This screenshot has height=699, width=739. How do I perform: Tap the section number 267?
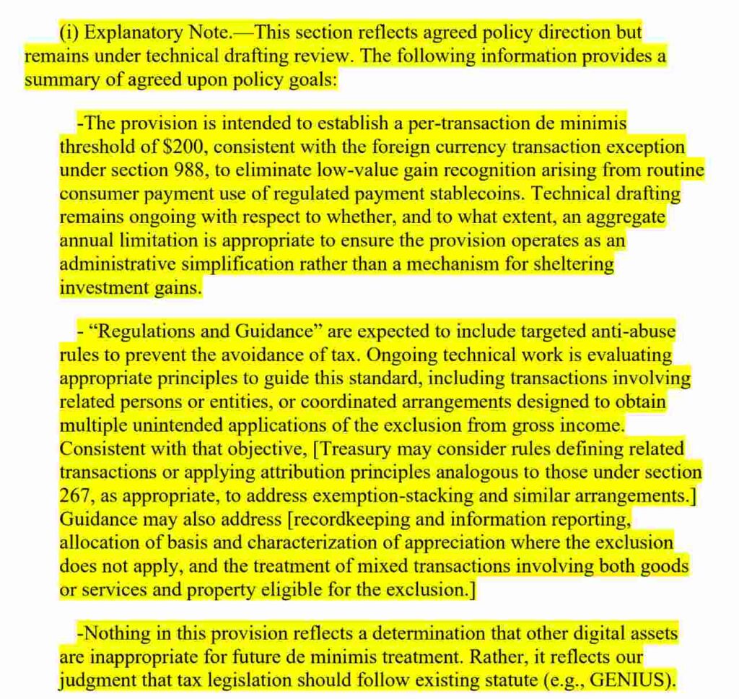[x=75, y=496]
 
